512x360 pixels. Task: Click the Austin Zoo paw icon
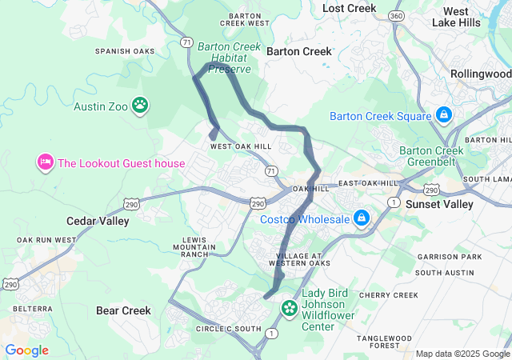pyautogui.click(x=141, y=105)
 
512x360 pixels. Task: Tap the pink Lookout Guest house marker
pyautogui.click(x=45, y=163)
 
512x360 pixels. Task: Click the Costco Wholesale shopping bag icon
pyautogui.click(x=362, y=218)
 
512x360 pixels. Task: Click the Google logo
pyautogui.click(x=26, y=350)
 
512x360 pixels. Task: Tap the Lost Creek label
pyautogui.click(x=349, y=8)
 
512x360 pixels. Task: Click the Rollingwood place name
pyautogui.click(x=480, y=74)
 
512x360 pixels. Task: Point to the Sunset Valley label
pyautogui.click(x=438, y=204)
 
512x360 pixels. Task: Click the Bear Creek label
pyautogui.click(x=123, y=310)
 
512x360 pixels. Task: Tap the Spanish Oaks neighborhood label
pyautogui.click(x=123, y=51)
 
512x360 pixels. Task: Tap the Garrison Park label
pyautogui.click(x=454, y=257)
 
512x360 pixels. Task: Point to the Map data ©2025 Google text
pyautogui.click(x=462, y=354)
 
